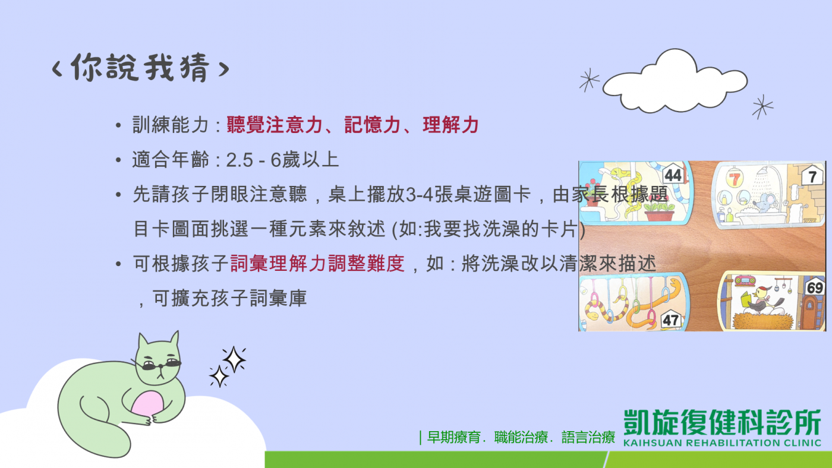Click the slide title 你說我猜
[x=140, y=67]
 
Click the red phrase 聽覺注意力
[x=275, y=125]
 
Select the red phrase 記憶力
[x=373, y=125]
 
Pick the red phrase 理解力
[x=450, y=125]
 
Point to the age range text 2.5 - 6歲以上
[x=282, y=160]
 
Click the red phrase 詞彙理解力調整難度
[x=317, y=264]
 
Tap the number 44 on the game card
[x=673, y=175]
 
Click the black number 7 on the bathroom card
[x=812, y=176]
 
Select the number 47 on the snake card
[x=671, y=320]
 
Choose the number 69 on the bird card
[x=815, y=288]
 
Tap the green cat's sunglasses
[x=162, y=365]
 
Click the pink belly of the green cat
[x=147, y=404]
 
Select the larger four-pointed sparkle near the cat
[x=234, y=359]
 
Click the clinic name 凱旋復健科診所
[x=722, y=422]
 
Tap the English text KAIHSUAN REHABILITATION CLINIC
[x=722, y=443]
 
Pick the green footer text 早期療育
[x=454, y=437]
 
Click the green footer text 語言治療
[x=588, y=437]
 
